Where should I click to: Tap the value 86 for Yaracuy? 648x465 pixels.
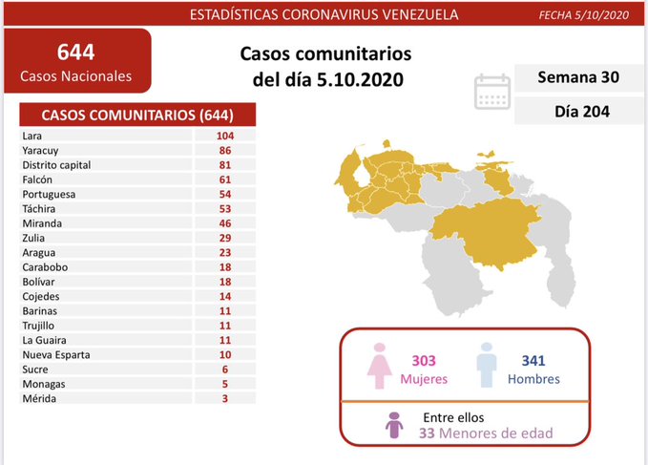pos(225,151)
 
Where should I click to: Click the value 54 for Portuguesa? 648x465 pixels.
pos(225,194)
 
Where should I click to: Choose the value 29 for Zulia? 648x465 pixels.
pos(225,237)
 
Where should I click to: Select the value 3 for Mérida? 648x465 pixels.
pos(225,397)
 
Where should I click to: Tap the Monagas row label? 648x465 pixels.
pos(43,383)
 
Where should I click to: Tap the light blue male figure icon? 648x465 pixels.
pos(487,367)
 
